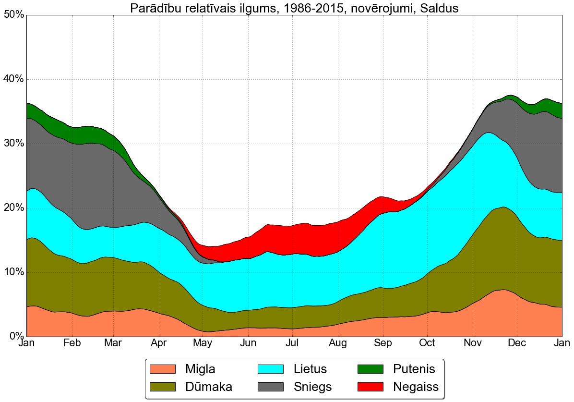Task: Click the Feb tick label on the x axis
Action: pyautogui.click(x=72, y=343)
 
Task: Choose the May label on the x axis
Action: pyautogui.click(x=203, y=343)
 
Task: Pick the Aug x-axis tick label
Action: pyautogui.click(x=338, y=343)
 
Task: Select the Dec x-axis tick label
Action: pyautogui.click(x=517, y=343)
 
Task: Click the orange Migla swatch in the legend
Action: pyautogui.click(x=163, y=369)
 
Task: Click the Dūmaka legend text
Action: pyautogui.click(x=209, y=387)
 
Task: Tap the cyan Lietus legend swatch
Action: pyautogui.click(x=271, y=369)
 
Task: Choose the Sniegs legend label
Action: pyautogui.click(x=312, y=387)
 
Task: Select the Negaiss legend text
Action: pyautogui.click(x=416, y=387)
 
